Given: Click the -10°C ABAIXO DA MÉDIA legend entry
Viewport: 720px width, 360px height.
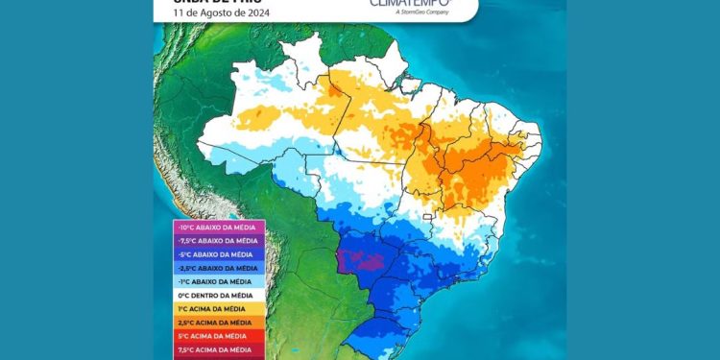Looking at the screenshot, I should [212, 227].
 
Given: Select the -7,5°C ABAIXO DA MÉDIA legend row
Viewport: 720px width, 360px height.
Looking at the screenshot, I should [212, 240].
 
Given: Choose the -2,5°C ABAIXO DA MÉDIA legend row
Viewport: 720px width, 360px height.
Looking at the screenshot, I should [212, 268].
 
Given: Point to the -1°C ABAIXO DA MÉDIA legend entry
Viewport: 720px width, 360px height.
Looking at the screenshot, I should [212, 281].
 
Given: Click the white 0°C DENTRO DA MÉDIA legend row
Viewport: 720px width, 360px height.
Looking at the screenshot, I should [212, 295].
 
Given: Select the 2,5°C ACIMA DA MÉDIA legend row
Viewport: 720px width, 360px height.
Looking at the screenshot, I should [212, 323].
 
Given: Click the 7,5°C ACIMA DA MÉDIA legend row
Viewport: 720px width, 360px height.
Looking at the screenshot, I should [212, 350].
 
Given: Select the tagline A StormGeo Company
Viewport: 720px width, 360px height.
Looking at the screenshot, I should [416, 15].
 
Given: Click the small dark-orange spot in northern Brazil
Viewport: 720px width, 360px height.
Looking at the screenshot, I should [330, 90].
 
